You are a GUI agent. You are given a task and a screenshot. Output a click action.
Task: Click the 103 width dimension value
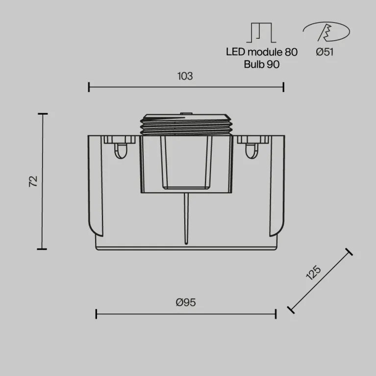(185, 76)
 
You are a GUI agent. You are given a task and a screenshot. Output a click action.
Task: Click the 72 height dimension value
(33, 181)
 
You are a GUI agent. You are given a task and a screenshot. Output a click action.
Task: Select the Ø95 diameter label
(185, 302)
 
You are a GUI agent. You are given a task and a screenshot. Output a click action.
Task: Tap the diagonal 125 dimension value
(313, 273)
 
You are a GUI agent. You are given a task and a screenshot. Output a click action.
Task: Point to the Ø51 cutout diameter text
(325, 52)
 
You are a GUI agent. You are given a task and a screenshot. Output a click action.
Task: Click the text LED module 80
(261, 52)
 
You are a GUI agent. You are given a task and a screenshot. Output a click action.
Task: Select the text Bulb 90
(261, 64)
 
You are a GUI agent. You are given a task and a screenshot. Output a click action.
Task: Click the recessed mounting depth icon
(261, 32)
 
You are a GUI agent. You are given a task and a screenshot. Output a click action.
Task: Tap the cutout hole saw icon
(326, 32)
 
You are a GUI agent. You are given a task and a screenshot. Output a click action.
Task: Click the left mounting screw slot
(120, 150)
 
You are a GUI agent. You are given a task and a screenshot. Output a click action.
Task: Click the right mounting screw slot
(251, 150)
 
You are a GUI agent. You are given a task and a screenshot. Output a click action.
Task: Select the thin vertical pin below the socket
(186, 218)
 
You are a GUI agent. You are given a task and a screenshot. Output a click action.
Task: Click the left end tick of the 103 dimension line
(89, 87)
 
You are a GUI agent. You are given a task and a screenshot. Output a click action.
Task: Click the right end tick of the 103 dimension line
(283, 87)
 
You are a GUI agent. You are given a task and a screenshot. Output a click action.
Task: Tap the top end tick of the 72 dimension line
(43, 114)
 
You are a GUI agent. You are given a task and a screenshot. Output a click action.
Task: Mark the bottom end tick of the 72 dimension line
(43, 249)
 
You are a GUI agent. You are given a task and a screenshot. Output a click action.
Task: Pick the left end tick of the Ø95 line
(96, 314)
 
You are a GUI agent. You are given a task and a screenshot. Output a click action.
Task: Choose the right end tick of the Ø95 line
(276, 314)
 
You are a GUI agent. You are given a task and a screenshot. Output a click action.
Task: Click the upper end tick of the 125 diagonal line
(349, 252)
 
